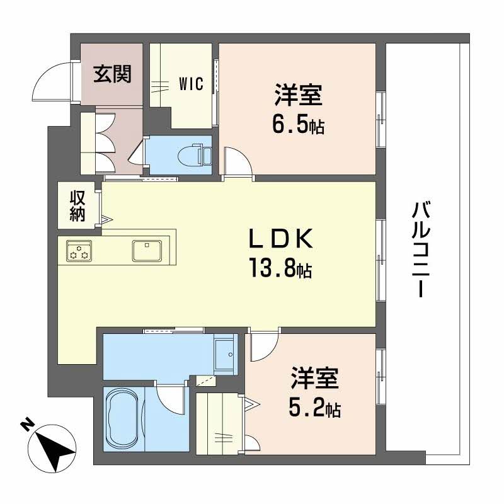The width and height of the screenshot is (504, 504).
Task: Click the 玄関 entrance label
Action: [113, 75]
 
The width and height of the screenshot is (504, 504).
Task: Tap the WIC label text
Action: [191, 84]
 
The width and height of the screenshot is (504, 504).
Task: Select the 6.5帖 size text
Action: [299, 126]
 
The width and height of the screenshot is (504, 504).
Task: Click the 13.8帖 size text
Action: [281, 271]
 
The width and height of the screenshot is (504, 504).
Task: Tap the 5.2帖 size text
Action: [316, 410]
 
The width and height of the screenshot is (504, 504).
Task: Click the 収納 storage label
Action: [77, 205]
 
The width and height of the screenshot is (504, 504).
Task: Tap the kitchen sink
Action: [147, 250]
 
